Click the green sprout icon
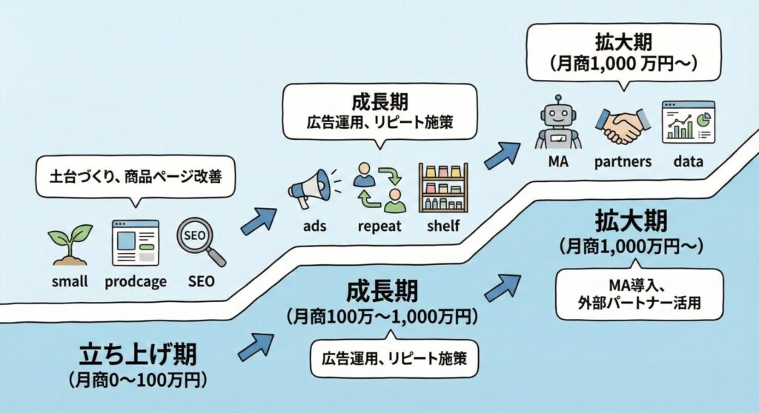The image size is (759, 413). (x=70, y=244)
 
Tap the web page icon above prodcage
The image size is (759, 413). (x=135, y=242)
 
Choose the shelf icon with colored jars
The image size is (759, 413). (x=443, y=189)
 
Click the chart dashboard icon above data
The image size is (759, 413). (x=687, y=122)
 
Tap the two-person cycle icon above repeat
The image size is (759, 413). (x=378, y=188)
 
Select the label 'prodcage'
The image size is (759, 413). (x=136, y=281)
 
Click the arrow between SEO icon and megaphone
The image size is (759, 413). (x=257, y=220)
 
